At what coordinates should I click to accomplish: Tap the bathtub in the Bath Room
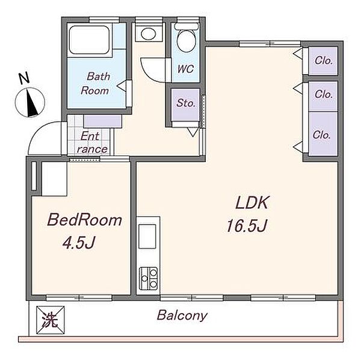coord(89,40)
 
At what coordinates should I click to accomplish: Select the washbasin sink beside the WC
coord(149,34)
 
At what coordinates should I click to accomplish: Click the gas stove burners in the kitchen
coord(149,278)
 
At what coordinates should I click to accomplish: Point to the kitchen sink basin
coord(147,237)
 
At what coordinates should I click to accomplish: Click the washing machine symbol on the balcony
coord(50,320)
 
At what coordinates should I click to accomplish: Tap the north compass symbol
coord(30,102)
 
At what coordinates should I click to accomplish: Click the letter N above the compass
coord(24,78)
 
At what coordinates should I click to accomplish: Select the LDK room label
coord(252,203)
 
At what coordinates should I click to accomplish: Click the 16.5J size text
coord(247,226)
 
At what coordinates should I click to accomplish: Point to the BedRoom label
coord(84,220)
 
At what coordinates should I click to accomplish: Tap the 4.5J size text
coord(79,243)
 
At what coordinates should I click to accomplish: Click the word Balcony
coord(182,315)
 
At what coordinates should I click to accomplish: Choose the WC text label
coord(185,69)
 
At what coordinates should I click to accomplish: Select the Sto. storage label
coord(186,103)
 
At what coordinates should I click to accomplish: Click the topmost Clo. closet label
coord(324,61)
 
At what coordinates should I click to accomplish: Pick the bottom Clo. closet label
coord(322,135)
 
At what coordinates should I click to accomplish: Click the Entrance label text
coord(92,143)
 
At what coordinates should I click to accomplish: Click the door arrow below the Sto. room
coord(193,132)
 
